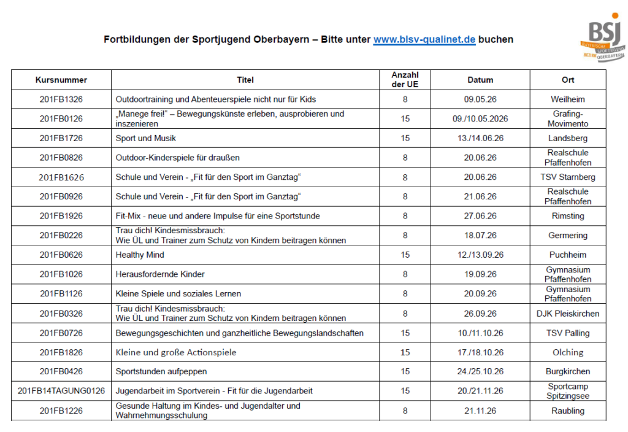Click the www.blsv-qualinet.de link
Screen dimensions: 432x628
424,39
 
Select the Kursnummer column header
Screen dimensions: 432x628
61,80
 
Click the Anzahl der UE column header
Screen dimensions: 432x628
405,80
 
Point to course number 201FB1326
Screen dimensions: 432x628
61,99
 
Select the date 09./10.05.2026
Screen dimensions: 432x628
480,118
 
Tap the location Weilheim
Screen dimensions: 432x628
567,99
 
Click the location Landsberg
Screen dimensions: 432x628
567,138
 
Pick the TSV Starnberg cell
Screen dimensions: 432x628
567,177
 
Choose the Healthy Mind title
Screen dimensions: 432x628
140,255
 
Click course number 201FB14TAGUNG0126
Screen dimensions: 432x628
61,391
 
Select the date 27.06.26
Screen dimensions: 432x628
480,216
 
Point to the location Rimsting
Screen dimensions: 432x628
567,216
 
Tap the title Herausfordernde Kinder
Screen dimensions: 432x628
160,274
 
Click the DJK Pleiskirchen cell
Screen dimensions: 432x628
567,314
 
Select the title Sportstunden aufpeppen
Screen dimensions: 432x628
161,371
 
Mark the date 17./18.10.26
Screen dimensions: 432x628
480,352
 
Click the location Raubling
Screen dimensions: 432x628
567,411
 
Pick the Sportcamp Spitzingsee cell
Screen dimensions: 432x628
567,391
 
